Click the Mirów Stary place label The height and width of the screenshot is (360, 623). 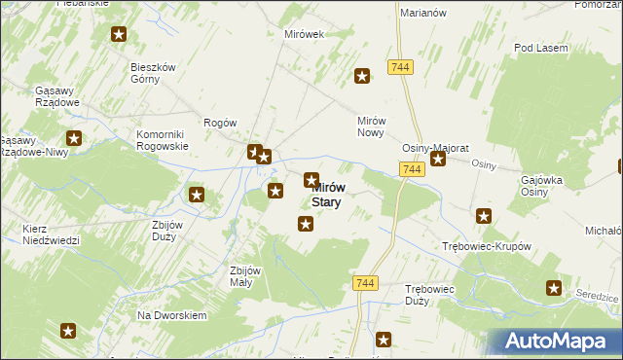click(327, 195)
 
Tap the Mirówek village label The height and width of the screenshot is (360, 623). click(303, 34)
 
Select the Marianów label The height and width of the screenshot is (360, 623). click(422, 13)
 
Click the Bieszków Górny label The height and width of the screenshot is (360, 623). click(153, 73)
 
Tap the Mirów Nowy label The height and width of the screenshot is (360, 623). click(373, 126)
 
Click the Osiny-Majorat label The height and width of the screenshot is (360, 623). click(436, 148)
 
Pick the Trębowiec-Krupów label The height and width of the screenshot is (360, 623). click(486, 246)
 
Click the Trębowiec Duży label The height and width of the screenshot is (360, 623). click(432, 295)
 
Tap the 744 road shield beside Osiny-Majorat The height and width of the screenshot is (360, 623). click(412, 169)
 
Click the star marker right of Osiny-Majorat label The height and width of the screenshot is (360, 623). click(438, 158)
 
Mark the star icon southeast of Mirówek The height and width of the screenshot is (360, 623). click(362, 75)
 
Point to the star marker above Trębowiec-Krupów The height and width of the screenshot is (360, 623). click(484, 215)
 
